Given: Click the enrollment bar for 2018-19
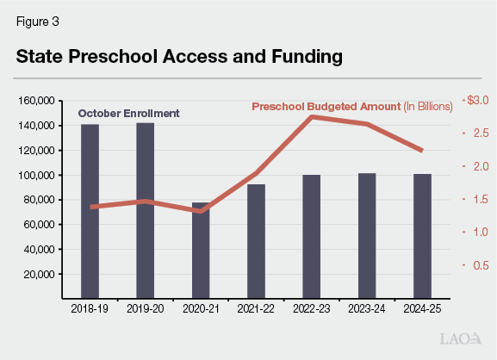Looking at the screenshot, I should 90,212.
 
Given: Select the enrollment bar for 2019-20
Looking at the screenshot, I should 146,211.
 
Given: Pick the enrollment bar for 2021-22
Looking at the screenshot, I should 256,241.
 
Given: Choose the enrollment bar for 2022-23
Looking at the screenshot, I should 311,237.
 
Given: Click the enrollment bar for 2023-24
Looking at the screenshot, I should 367,236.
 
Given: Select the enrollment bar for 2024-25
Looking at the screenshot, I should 422,236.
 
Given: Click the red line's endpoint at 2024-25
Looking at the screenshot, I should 422,151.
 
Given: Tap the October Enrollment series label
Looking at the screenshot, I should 129,114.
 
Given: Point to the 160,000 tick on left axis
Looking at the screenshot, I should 37,101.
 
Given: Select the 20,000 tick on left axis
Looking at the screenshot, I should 40,275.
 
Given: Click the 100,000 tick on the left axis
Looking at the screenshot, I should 37,176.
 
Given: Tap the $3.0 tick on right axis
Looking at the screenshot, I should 476,101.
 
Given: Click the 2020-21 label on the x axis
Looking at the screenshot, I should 201,306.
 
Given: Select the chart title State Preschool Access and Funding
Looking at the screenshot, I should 179,57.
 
